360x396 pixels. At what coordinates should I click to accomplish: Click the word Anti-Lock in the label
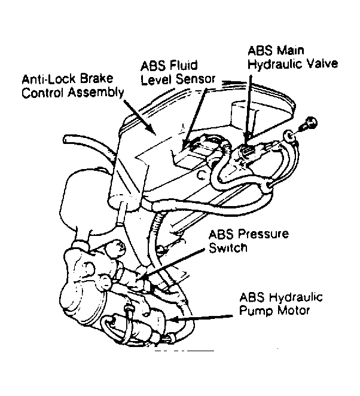pyautogui.click(x=43, y=79)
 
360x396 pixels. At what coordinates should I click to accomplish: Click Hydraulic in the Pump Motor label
pyautogui.click(x=290, y=297)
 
